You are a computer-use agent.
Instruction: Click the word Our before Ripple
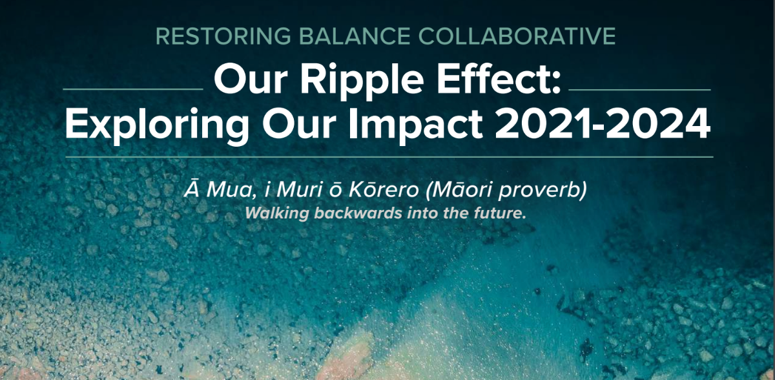251,79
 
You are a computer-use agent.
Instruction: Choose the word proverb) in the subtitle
543,191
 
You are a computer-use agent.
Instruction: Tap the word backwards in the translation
358,213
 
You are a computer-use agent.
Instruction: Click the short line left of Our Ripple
133,89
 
